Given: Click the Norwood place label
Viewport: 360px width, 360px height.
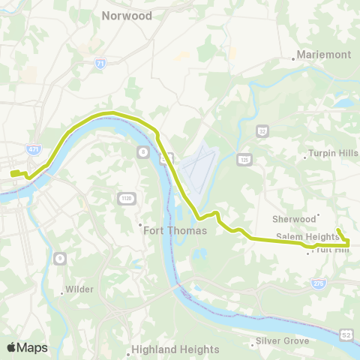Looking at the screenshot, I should [127, 16].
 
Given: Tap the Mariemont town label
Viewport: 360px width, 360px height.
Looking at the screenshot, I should [323, 55].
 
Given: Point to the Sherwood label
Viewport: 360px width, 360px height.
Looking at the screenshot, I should [293, 219].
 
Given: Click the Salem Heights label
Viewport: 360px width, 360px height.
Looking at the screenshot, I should [307, 237].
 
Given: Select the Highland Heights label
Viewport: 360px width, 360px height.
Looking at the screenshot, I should [175, 349].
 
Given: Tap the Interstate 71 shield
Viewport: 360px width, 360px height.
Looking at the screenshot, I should [100, 64].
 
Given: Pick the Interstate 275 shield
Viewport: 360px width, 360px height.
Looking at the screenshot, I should [318, 283].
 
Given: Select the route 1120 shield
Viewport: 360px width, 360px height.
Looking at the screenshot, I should [125, 197].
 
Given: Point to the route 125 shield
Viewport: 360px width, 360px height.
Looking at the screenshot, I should [244, 159].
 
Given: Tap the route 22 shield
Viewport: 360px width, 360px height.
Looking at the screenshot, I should [262, 130].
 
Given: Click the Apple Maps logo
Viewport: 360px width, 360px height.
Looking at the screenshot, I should [27, 347].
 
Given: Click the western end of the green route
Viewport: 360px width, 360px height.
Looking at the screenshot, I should [13, 174].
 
